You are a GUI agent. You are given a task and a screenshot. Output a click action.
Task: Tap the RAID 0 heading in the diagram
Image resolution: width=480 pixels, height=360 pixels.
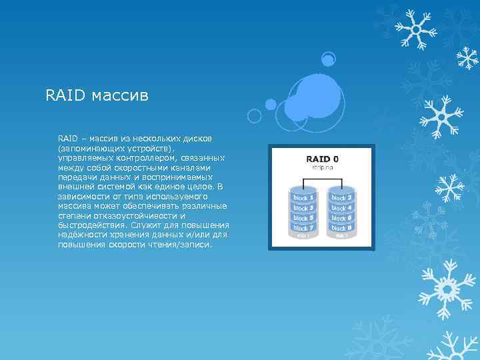coord(322,159)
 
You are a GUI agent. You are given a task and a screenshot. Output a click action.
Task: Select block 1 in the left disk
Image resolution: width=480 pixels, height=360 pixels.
coord(303,198)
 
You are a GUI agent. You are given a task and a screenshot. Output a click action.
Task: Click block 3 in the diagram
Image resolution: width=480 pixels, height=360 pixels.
coord(303,208)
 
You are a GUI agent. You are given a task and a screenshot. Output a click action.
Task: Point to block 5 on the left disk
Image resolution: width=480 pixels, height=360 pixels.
coord(303,218)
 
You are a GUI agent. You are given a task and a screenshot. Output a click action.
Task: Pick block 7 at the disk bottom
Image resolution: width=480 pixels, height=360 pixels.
coord(303,228)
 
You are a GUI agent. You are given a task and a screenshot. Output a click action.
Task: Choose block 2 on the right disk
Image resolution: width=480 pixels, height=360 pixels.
coord(341,198)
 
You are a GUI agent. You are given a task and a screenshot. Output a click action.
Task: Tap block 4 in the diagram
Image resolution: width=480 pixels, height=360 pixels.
coord(341,208)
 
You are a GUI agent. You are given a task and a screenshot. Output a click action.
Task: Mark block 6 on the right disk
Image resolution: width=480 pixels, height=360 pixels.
coord(341,218)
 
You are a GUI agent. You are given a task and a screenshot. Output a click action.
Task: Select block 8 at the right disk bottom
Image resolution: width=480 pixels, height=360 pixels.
coord(341,228)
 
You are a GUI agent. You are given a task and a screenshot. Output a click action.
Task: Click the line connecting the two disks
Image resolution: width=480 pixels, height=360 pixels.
coord(323,178)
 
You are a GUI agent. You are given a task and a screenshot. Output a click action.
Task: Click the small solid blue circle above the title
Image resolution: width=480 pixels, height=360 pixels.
coord(328,60)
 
